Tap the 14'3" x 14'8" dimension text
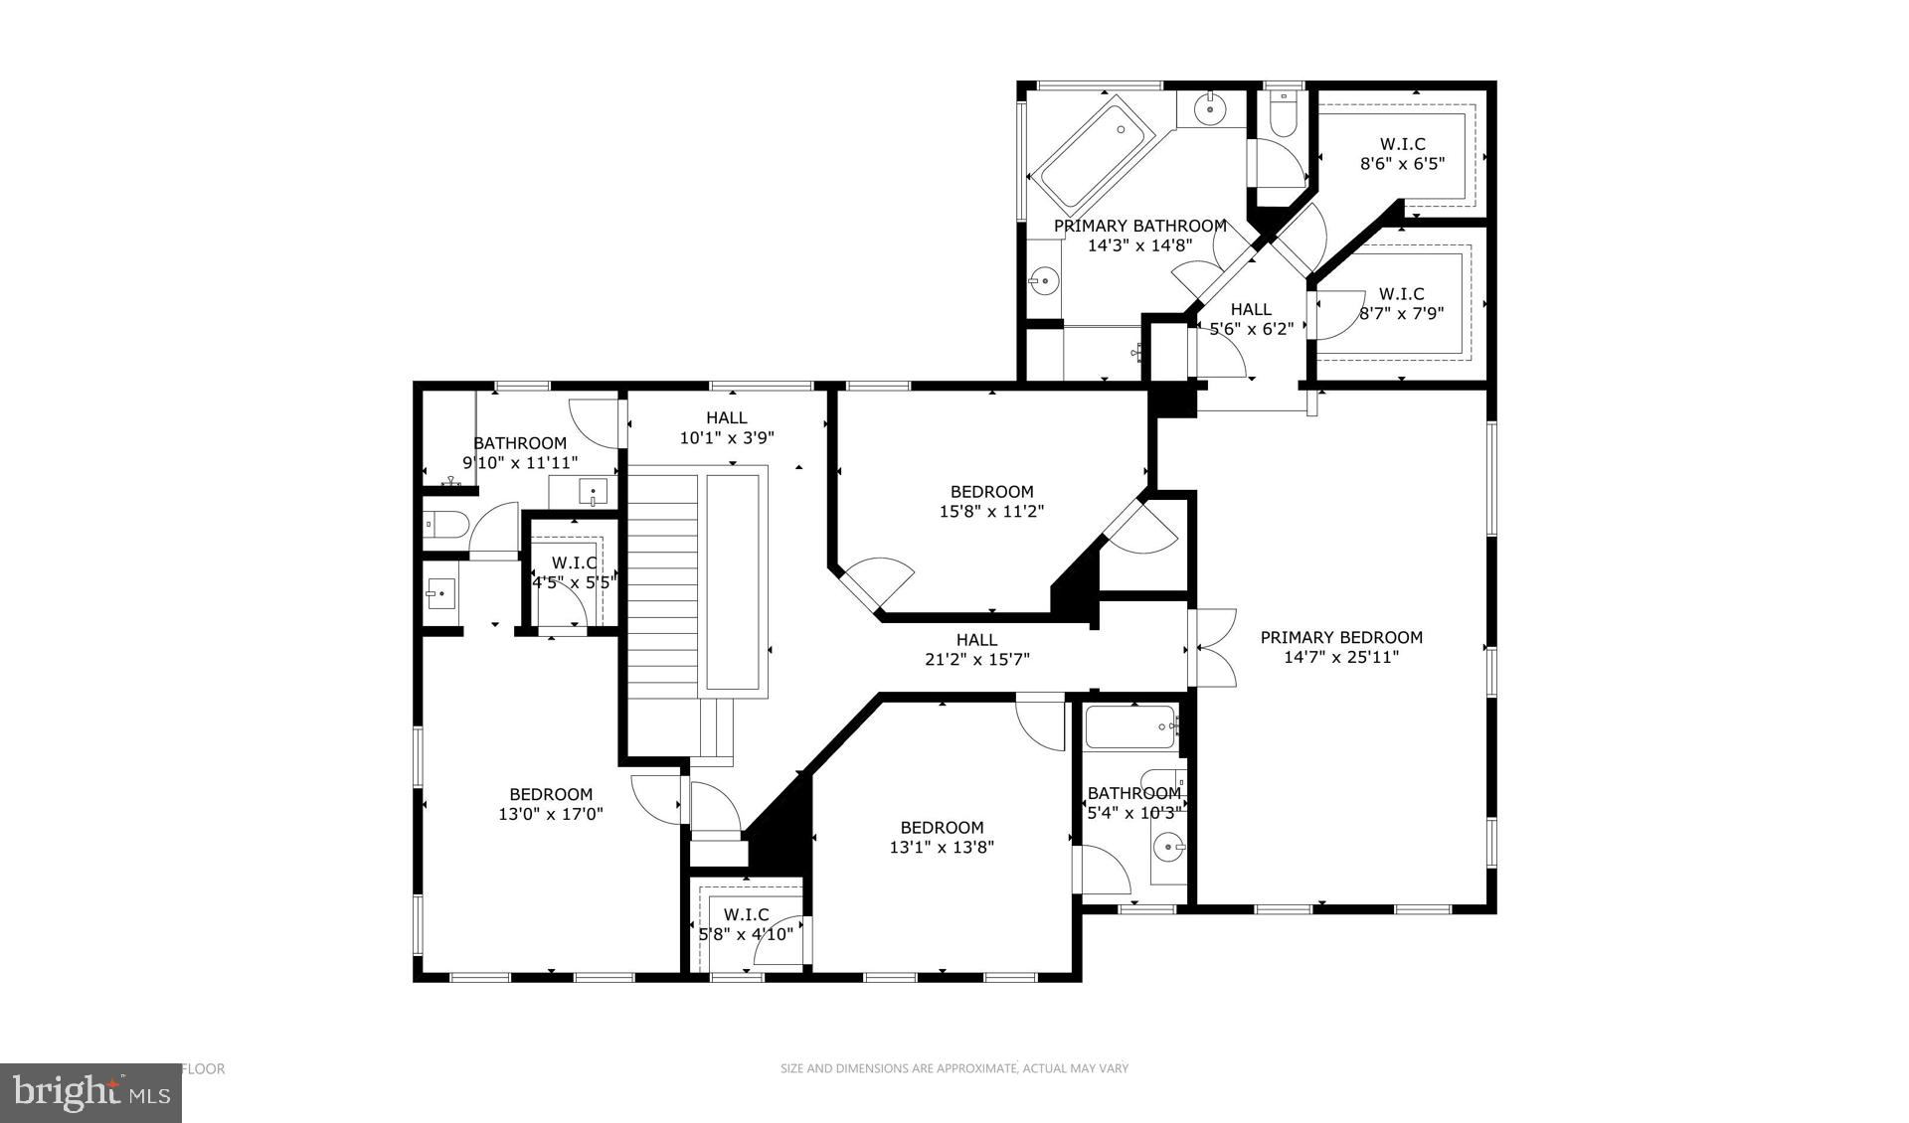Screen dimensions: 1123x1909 (1139, 245)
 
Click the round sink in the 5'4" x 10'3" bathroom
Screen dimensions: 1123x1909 (1167, 848)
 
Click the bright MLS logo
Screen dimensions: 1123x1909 (90, 1093)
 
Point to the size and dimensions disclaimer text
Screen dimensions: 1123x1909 (954, 1068)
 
